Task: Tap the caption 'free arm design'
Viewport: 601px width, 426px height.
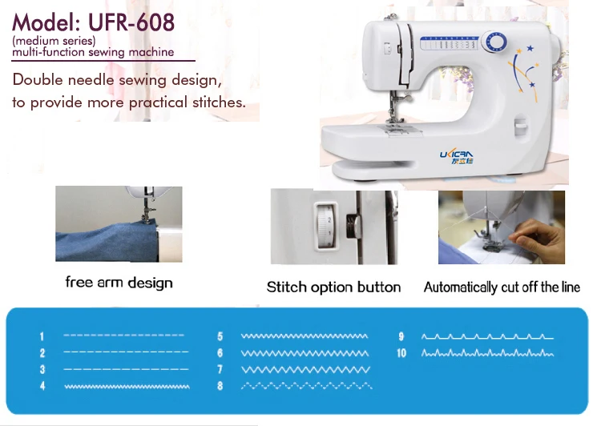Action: (119, 283)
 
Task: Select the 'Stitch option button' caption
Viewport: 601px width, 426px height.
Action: (333, 287)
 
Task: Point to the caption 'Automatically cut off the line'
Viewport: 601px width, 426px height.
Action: (502, 287)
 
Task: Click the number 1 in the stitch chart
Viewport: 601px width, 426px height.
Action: (42, 336)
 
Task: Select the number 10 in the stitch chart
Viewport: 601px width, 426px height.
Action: (401, 353)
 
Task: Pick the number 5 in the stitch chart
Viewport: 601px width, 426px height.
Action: (220, 336)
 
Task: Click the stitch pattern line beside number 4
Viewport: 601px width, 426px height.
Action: (126, 386)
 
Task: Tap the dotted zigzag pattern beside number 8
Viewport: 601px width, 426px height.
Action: (305, 386)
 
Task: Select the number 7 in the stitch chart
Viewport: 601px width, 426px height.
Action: (220, 370)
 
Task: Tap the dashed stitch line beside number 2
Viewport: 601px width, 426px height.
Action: (126, 352)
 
